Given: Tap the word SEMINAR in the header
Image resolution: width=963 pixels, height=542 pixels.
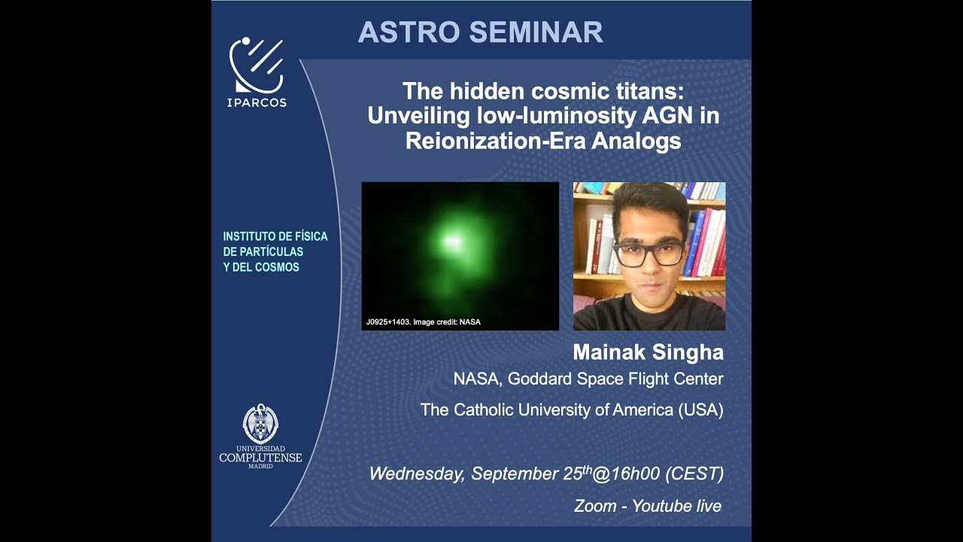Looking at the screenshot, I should (x=536, y=32).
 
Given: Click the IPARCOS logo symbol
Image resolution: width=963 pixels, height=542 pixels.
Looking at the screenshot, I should (x=257, y=65).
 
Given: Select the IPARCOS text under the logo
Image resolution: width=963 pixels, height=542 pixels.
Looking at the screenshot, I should (x=257, y=103).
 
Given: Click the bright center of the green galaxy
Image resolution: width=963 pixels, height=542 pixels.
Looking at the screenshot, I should (x=451, y=241).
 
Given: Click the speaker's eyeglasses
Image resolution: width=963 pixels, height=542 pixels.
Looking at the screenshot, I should (x=648, y=254).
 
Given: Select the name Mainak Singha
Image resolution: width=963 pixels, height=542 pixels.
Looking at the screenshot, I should (x=648, y=352).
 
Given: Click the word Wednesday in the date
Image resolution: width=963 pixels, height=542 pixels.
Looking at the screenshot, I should (x=416, y=474).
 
